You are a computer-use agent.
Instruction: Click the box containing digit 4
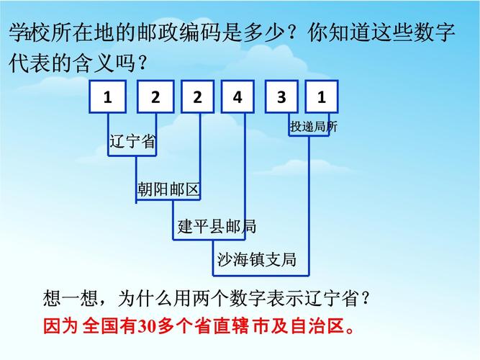point(238,97)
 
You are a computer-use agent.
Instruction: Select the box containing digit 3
point(281,97)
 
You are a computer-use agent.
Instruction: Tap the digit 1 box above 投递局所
point(322,97)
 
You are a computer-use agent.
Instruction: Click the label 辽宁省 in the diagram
point(132,143)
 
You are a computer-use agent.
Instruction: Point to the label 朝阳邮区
point(168,190)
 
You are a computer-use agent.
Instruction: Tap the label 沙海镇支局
point(257,260)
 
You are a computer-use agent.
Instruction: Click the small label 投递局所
point(313,127)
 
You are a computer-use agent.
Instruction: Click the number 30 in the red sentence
point(147,327)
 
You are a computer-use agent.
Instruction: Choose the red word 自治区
point(317,327)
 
